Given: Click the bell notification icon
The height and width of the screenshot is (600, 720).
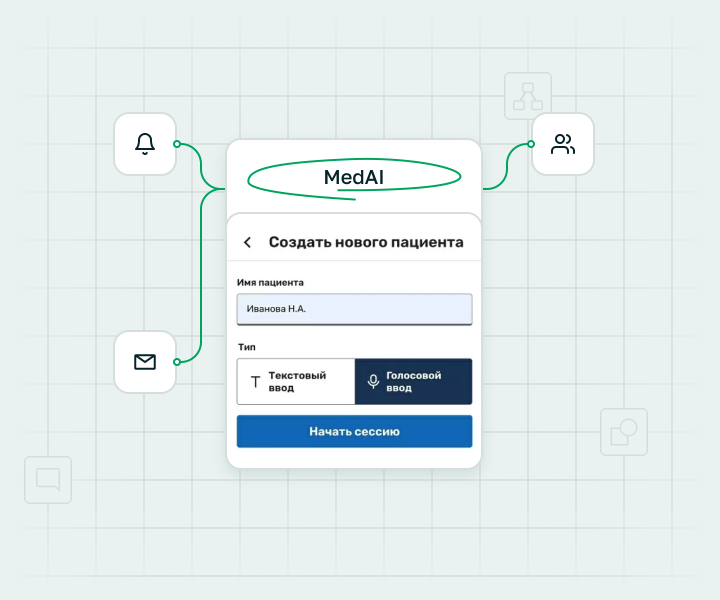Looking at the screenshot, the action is (x=145, y=144).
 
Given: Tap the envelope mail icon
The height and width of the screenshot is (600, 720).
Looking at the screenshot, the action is (x=145, y=362).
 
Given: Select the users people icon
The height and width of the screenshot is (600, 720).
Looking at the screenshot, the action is (x=563, y=144).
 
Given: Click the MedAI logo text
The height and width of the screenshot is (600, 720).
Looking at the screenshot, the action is (x=354, y=177).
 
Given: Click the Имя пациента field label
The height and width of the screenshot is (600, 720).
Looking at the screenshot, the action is (x=270, y=283).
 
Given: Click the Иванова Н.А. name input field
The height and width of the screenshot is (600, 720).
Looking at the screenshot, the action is (x=354, y=309).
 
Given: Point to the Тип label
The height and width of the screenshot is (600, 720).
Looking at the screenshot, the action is (x=247, y=347).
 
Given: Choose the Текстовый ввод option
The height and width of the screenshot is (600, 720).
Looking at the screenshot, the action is (x=296, y=381).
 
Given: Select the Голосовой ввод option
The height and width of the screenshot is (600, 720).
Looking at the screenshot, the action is (x=413, y=381).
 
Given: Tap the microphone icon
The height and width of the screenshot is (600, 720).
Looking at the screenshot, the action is (x=373, y=381).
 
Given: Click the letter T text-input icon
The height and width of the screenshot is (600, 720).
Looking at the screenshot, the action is (x=255, y=381).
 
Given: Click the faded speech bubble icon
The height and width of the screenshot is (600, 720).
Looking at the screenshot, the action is (x=48, y=479).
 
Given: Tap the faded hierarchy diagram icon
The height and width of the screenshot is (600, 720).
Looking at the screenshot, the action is (x=528, y=96).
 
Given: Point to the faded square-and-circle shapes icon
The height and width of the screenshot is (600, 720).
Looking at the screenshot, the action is (x=624, y=431).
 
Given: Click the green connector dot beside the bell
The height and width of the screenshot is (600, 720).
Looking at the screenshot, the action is (x=177, y=144).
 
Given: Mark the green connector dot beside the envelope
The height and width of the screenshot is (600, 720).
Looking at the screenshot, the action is (x=177, y=362).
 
